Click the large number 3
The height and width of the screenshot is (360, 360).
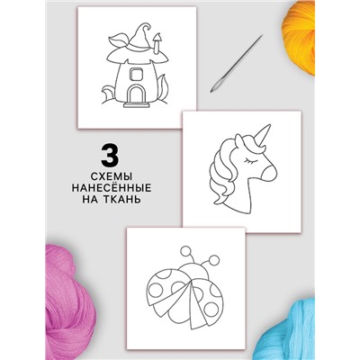pyautogui.click(x=110, y=156)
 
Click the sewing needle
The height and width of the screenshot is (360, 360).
pyautogui.click(x=236, y=64)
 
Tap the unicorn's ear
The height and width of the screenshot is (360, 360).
pyautogui.click(x=238, y=141)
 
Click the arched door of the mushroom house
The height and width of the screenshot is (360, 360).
pyautogui.click(x=137, y=94)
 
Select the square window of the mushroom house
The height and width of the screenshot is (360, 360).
pyautogui.click(x=137, y=74)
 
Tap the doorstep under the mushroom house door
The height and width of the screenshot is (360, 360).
pyautogui.click(x=137, y=105)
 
